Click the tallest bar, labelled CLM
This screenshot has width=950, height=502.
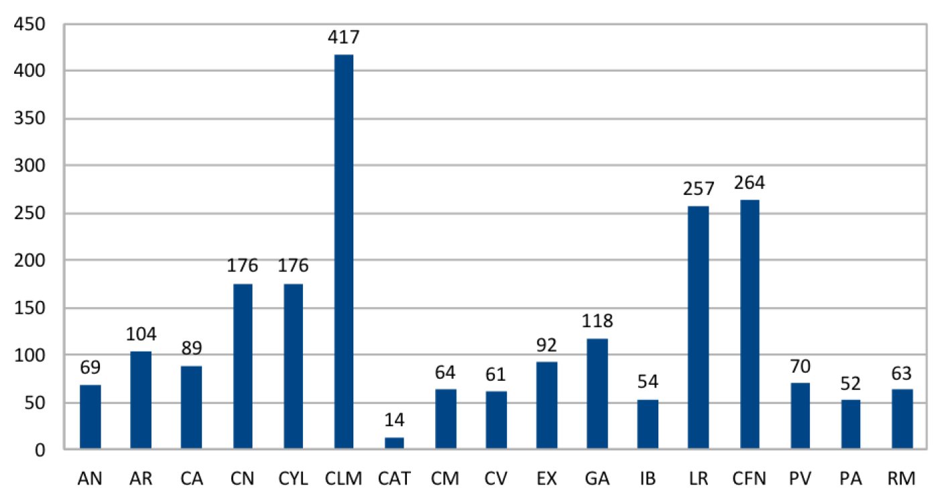pyautogui.click(x=343, y=251)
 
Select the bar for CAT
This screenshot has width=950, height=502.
pyautogui.click(x=394, y=443)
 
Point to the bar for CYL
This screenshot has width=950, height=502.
pyautogui.click(x=293, y=366)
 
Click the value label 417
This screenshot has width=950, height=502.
pyautogui.click(x=343, y=38)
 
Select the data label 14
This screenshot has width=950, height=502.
pyautogui.click(x=394, y=421)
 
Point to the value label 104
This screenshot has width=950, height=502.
pyautogui.click(x=141, y=334)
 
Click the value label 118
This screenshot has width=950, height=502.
pyautogui.click(x=597, y=322)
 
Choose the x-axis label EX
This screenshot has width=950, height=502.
pyautogui.click(x=546, y=479)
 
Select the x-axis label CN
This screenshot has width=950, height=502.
pyautogui.click(x=243, y=479)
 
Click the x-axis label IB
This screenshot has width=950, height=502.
pyautogui.click(x=648, y=479)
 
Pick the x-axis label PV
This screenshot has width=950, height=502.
pyautogui.click(x=800, y=479)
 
